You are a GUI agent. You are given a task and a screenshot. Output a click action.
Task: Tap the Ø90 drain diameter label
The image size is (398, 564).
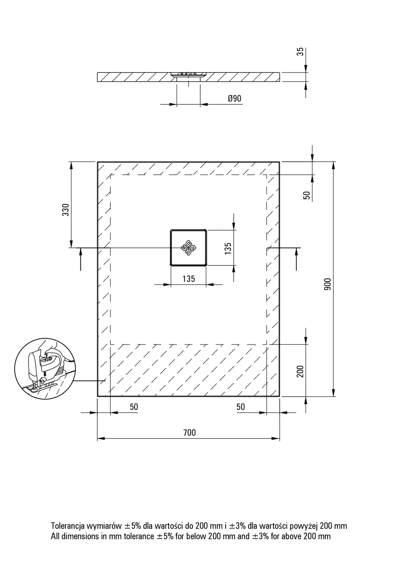[235, 98]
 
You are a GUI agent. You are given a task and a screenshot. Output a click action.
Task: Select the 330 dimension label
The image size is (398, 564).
[65, 209]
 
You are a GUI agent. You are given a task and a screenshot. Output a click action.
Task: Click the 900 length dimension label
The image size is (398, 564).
[327, 284]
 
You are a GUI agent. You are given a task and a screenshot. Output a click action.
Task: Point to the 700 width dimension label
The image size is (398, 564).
[189, 433]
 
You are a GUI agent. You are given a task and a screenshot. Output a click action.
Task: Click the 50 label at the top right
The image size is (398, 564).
[307, 195]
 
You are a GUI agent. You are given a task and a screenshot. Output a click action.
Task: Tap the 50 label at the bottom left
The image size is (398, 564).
[134, 407]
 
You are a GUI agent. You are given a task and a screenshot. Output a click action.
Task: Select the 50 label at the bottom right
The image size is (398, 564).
[241, 407]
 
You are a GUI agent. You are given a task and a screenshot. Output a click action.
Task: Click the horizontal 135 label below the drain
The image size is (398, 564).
[189, 279]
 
